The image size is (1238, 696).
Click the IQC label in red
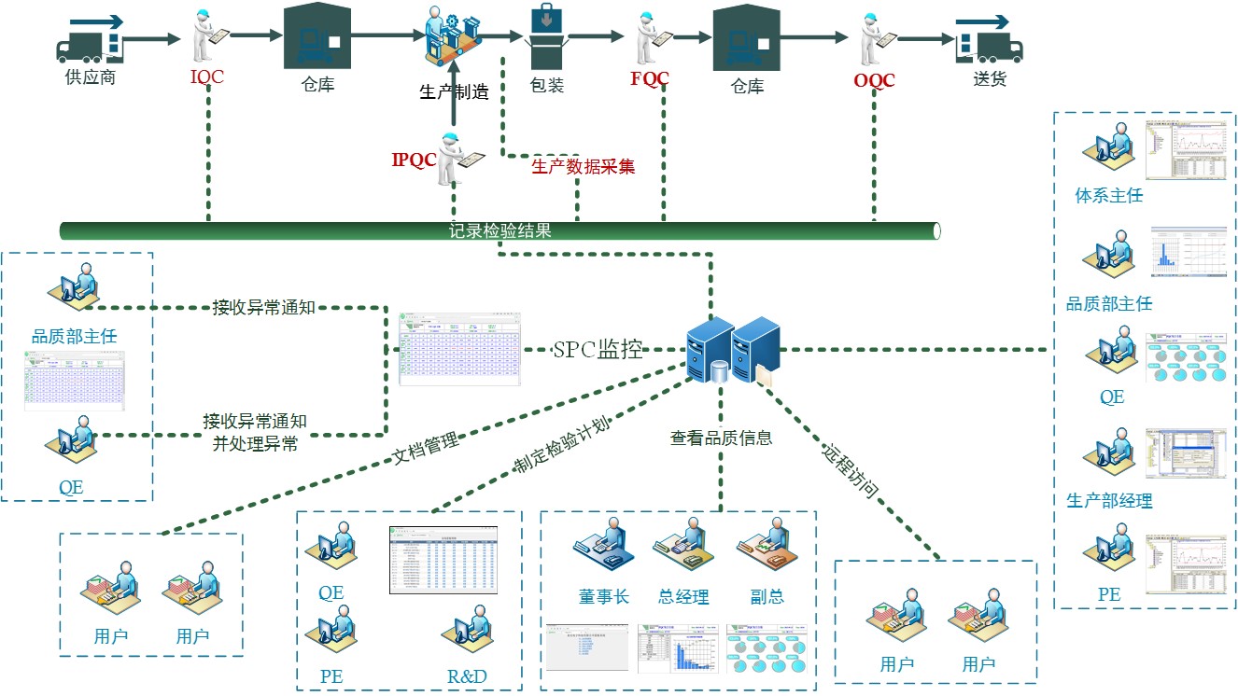[x=207, y=77]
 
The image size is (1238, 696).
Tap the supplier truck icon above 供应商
[x=91, y=38]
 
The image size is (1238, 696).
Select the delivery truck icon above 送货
[x=987, y=38]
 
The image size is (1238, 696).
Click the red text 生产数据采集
[x=584, y=167]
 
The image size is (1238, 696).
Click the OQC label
[x=874, y=81]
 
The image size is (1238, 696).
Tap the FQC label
[x=650, y=78]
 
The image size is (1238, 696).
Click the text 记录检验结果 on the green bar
[x=500, y=230]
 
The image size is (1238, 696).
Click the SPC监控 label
[x=598, y=350]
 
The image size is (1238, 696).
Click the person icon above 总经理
[x=682, y=550]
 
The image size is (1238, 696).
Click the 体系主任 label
[x=1109, y=196]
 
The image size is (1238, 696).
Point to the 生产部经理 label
[x=1109, y=501]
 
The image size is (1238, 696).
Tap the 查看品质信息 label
[x=721, y=437]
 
